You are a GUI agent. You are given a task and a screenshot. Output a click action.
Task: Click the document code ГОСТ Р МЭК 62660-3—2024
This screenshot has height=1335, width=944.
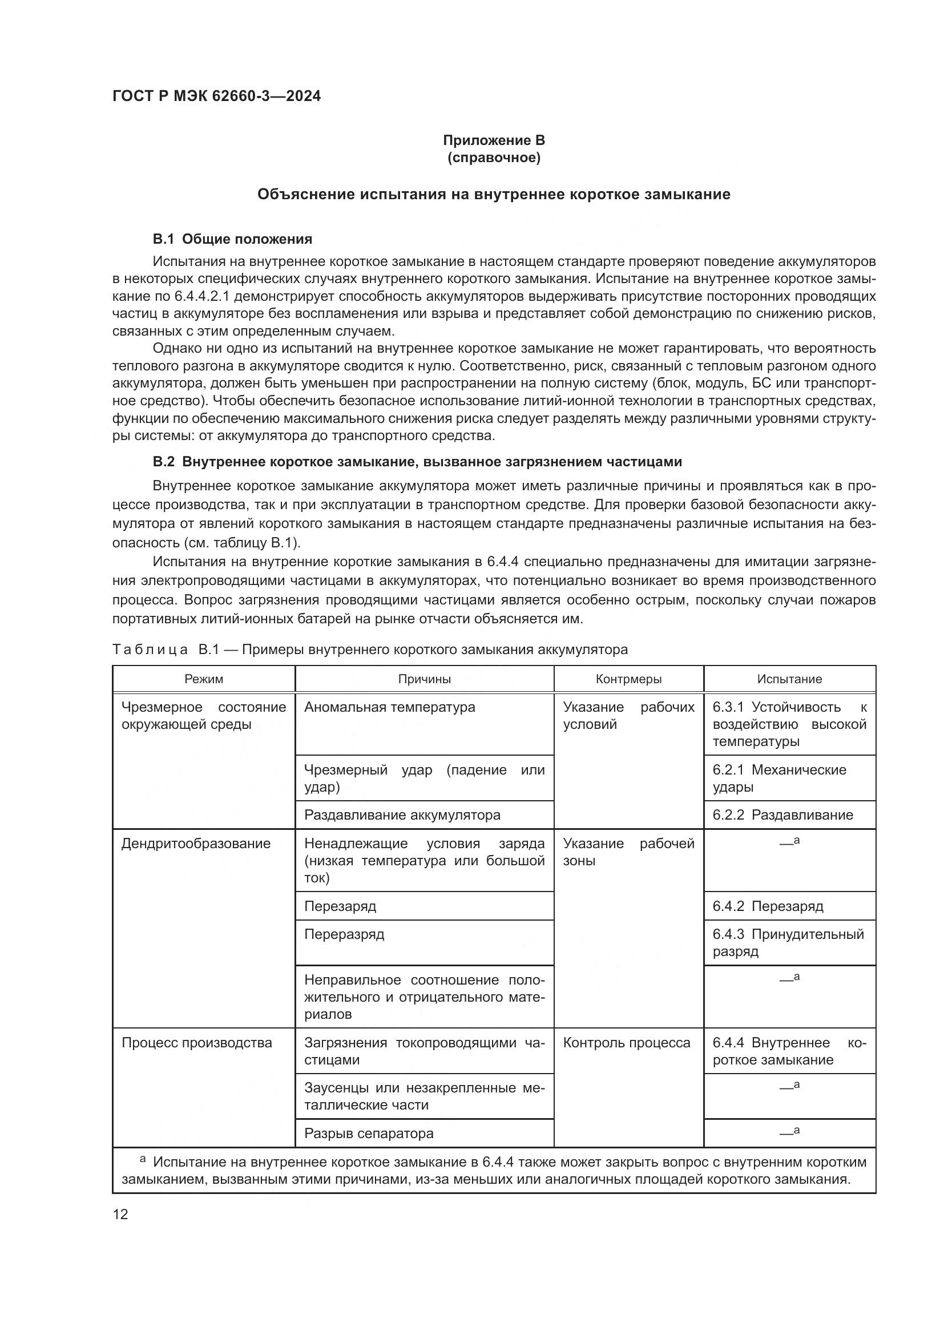pos(216,96)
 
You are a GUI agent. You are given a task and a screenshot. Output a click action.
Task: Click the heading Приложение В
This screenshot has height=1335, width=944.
pos(494,140)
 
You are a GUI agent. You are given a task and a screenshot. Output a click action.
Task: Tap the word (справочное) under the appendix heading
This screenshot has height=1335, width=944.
pos(494,158)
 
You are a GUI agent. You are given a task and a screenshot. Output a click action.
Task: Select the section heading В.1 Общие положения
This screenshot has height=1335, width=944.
pos(232,239)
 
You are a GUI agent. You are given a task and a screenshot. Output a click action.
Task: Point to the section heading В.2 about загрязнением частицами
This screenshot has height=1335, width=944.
pos(417,462)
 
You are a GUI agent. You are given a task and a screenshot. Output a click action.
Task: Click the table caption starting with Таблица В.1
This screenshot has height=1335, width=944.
pos(370,650)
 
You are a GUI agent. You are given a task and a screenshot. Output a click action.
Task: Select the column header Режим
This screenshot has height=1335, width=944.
pos(203,679)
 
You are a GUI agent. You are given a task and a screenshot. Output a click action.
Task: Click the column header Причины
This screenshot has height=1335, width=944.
pos(424,679)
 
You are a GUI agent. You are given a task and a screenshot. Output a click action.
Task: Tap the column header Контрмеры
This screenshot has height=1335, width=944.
pos(628,679)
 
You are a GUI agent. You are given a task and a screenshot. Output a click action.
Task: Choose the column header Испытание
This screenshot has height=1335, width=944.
pos(789,679)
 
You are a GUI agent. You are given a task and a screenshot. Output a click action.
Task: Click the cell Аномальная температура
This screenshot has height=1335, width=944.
pos(389,708)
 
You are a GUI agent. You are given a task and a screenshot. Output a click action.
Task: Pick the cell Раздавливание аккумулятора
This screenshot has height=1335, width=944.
pos(402,815)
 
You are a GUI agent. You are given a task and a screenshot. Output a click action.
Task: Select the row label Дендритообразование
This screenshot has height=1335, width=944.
pos(196,844)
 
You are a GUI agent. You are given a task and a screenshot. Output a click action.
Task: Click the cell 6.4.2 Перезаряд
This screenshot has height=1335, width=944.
pos(768,906)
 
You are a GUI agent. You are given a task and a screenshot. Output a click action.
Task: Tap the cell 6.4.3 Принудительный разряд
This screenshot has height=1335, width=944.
pos(788,943)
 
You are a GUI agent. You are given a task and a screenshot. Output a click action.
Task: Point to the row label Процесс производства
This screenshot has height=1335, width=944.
pos(196,1043)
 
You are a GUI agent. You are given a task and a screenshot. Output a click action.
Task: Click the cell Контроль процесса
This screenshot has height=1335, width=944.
pos(627,1043)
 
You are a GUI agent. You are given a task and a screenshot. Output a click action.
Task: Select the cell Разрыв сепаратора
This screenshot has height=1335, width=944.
pos(369,1134)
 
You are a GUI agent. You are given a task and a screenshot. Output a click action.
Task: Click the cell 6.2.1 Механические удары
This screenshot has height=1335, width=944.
pos(779,779)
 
